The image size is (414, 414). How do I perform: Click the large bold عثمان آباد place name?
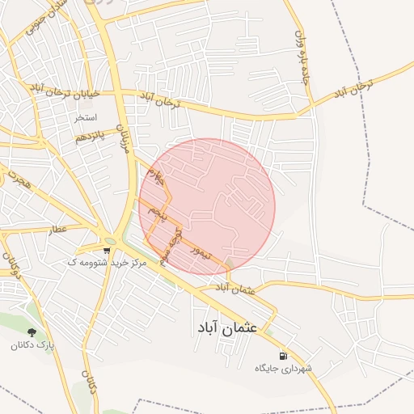coord(226,328)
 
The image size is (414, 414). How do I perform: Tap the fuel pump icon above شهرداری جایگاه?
coord(282,356)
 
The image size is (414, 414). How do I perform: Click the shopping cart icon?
coord(107,251)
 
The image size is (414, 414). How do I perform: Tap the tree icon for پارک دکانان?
coord(32,332)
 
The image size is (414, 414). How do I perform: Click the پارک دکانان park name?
coord(32,345)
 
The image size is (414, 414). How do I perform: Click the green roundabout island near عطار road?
coord(110,241)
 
